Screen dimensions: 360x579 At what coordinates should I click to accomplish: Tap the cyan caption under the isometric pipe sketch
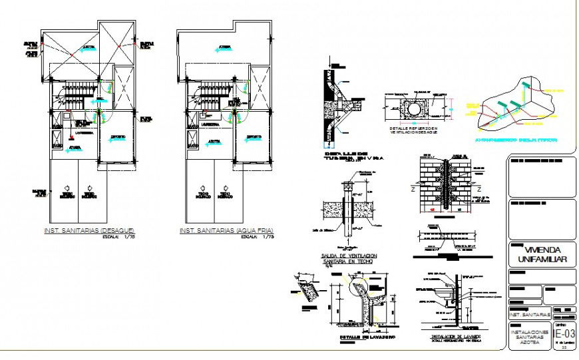pos(525,140)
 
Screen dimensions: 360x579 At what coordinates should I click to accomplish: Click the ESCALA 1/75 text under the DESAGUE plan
pos(126,236)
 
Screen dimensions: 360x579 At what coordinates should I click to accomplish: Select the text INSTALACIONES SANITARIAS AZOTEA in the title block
pos(530,336)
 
